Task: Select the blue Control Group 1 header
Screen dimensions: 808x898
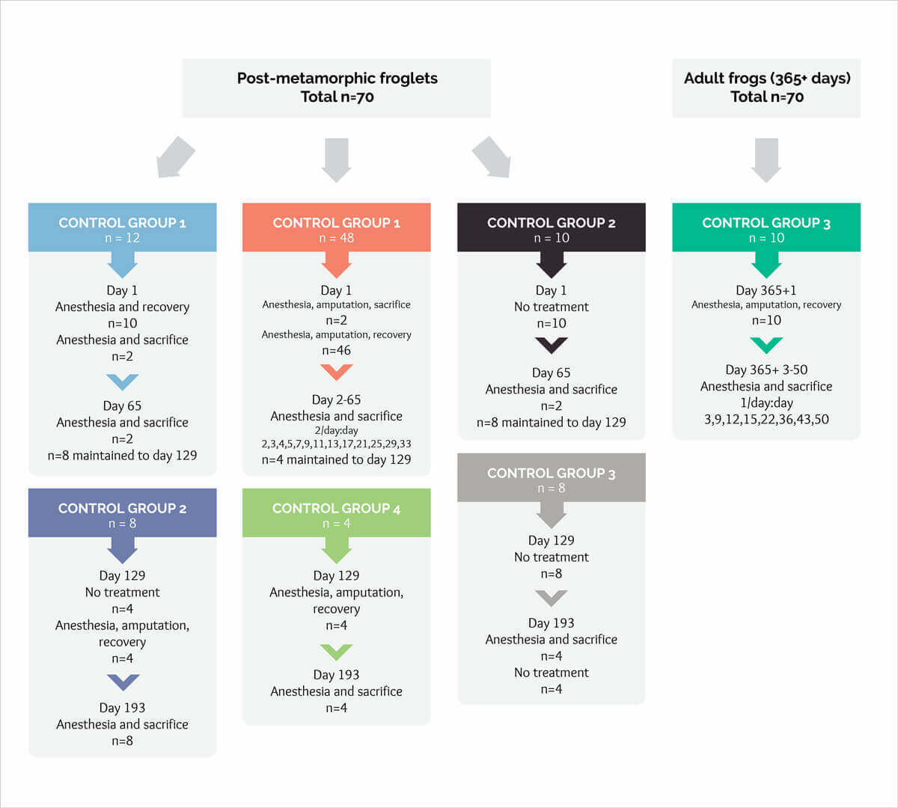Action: point(122,227)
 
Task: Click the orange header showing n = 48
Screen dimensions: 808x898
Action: point(336,227)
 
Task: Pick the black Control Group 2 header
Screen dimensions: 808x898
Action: point(551,227)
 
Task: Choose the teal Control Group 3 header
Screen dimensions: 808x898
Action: point(766,227)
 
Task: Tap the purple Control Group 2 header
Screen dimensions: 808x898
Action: point(122,513)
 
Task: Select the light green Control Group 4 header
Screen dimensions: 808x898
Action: point(336,513)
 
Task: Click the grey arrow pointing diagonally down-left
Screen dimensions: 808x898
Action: point(176,158)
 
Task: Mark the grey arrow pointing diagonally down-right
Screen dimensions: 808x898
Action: point(492,158)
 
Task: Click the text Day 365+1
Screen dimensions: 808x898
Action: point(766,290)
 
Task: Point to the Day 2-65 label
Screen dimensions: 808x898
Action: point(336,400)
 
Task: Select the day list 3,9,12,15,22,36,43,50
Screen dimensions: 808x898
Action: point(766,419)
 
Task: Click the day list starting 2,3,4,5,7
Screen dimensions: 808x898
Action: point(336,444)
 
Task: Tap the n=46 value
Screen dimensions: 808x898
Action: point(336,350)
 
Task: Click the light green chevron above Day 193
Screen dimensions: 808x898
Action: point(336,652)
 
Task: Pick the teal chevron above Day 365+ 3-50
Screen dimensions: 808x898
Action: point(766,345)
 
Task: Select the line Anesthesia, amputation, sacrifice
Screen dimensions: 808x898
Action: point(336,304)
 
